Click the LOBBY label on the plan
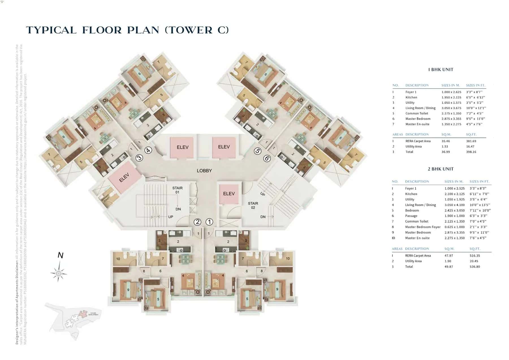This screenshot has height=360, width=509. (x=204, y=171)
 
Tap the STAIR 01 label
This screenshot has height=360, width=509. (x=177, y=190)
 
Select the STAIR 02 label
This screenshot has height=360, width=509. (x=253, y=205)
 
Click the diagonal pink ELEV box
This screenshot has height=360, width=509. (x=124, y=177)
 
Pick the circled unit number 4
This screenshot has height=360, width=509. (x=148, y=150)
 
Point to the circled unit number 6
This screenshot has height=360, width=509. (x=267, y=158)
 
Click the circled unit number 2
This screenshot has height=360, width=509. (x=197, y=222)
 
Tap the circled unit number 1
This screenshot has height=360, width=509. (x=209, y=222)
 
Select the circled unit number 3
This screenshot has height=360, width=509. (x=139, y=158)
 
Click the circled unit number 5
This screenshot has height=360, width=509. (x=257, y=151)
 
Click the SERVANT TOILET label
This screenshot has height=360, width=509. (x=105, y=198)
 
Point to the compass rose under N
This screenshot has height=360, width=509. (x=59, y=273)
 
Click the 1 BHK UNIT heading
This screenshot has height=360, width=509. (x=441, y=70)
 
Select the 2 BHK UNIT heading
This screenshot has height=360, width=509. (x=441, y=169)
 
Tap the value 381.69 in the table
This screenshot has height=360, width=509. (x=471, y=141)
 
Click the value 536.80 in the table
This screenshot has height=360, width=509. (x=475, y=267)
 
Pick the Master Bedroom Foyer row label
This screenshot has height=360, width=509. (x=422, y=227)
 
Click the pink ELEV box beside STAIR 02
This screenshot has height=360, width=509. (x=229, y=194)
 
